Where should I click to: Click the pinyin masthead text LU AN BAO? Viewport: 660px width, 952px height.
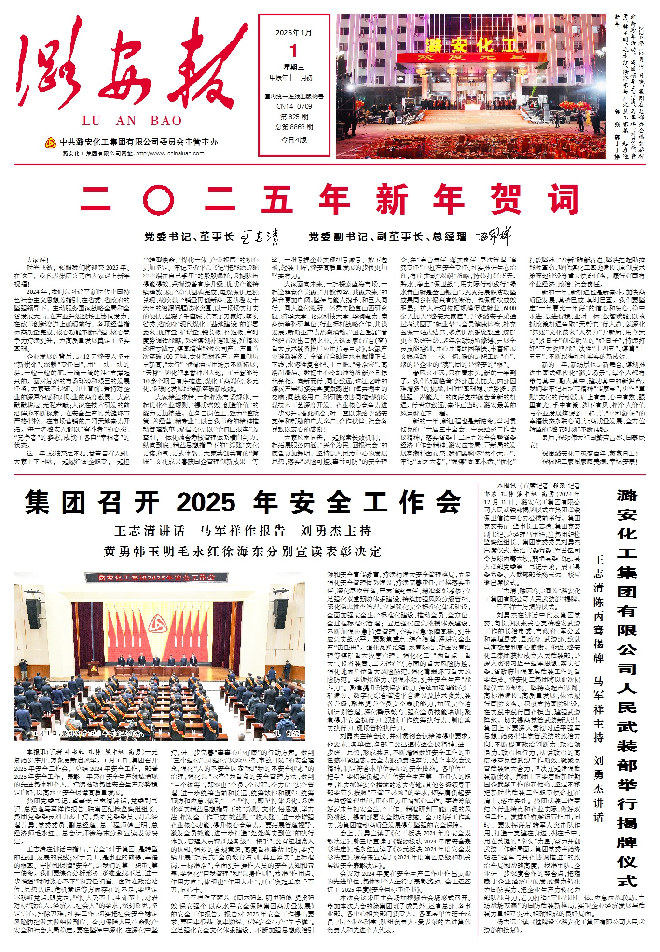click(132, 121)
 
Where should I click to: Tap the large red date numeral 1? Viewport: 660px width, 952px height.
click(294, 51)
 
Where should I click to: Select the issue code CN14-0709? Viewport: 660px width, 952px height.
click(294, 106)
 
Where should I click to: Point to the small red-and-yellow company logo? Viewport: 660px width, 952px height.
click(51, 142)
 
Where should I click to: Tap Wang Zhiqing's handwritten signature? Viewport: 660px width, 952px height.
click(260, 237)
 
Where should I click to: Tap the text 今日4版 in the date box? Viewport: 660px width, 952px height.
click(294, 139)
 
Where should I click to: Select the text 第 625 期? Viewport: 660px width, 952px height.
click(294, 117)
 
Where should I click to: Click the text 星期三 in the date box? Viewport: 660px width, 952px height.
click(294, 68)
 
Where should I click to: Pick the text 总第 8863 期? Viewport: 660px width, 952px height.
click(294, 127)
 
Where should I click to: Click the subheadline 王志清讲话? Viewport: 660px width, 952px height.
click(150, 531)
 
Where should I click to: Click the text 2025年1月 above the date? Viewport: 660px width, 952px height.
click(294, 33)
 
